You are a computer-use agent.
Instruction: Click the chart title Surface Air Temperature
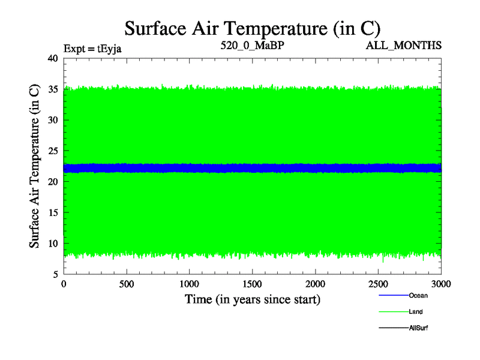[x=253, y=28]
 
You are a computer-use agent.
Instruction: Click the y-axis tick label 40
[x=52, y=58]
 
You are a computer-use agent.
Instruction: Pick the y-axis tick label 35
[x=52, y=89]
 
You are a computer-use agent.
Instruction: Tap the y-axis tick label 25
[x=52, y=151]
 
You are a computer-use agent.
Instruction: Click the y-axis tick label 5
[x=55, y=274]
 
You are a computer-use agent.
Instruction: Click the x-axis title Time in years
[x=252, y=299]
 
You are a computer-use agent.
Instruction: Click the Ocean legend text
[x=418, y=295]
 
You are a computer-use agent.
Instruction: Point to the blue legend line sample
[x=394, y=295]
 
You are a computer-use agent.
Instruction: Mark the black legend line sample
[x=394, y=328]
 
